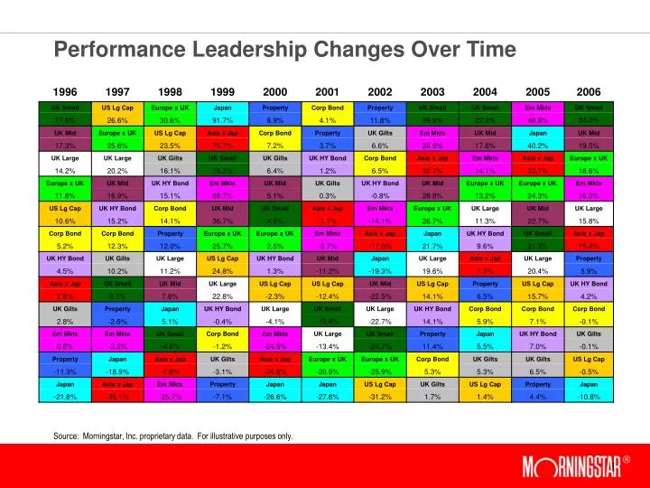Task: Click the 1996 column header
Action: point(65,92)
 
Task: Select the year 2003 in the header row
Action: point(432,92)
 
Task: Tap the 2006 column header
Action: point(589,92)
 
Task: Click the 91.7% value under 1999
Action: point(222,120)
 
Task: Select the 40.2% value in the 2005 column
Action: point(537,145)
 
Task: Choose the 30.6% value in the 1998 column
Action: point(170,120)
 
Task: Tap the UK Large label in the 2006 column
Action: point(589,208)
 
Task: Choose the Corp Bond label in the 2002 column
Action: point(380,157)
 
